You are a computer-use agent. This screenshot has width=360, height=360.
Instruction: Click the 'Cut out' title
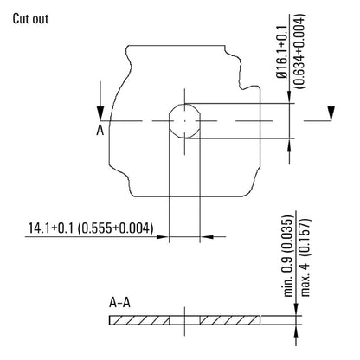pos(32,19)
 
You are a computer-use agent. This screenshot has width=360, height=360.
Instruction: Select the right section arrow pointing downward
pos(329,109)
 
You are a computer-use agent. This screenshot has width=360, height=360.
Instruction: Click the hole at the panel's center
pos(184,122)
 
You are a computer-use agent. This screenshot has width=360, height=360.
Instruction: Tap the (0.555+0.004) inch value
pos(116,228)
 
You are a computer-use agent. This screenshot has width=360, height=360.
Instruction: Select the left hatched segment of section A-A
pos(138,321)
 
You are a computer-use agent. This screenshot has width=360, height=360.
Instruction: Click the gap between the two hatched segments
pos(184,321)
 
